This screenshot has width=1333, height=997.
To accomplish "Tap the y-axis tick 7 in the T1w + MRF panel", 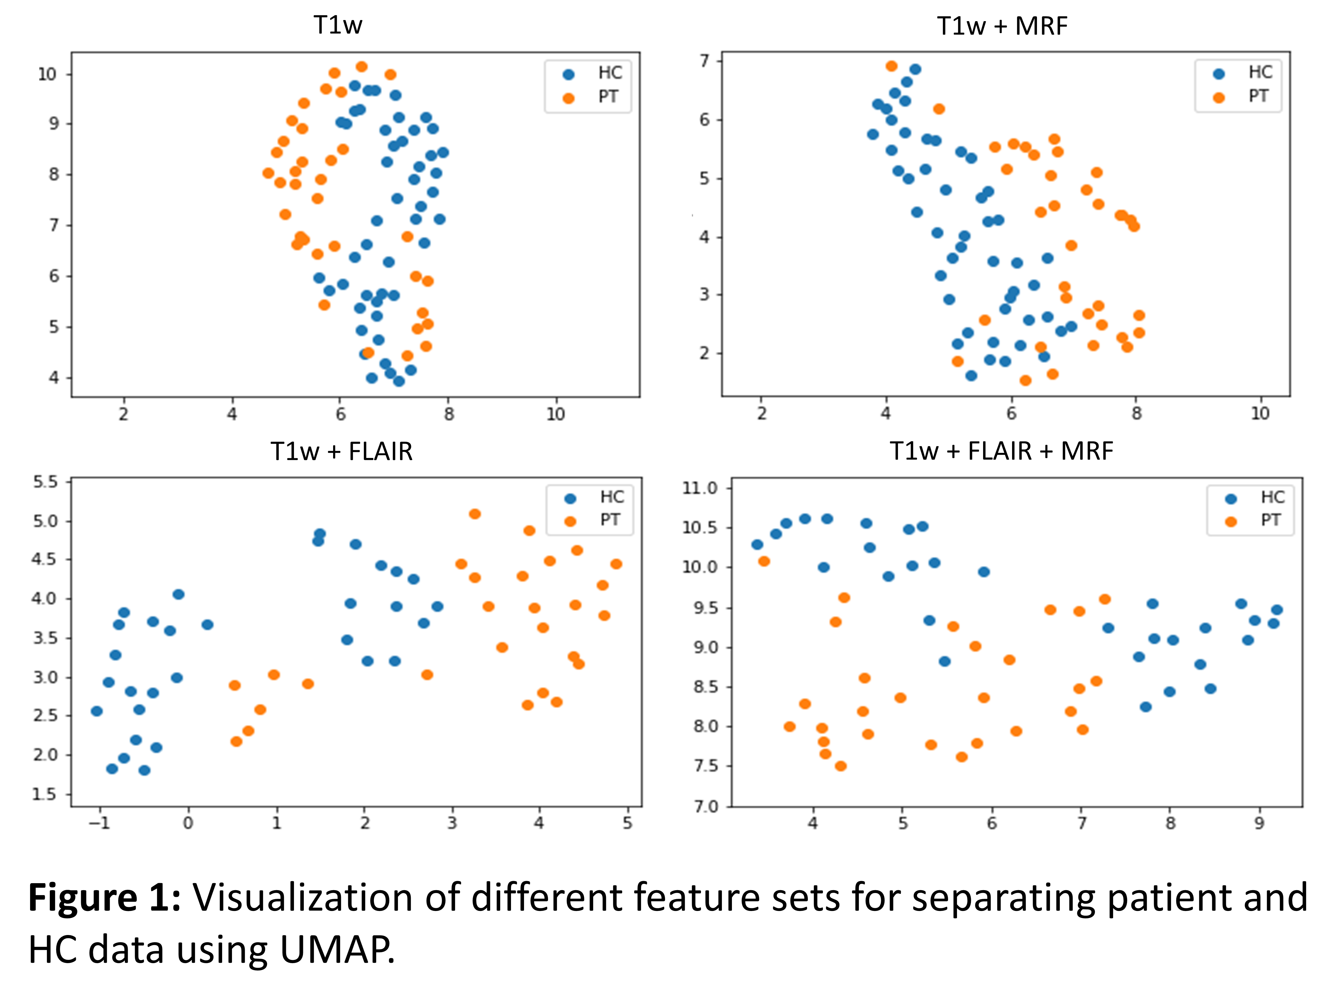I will [704, 61].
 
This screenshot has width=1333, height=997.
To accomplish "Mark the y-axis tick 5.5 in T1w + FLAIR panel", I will [46, 482].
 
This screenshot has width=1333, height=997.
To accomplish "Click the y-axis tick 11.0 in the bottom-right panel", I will [700, 488].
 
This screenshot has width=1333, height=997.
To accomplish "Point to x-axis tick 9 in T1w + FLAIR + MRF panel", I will [1259, 823].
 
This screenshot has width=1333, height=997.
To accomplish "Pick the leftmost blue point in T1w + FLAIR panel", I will [96, 711].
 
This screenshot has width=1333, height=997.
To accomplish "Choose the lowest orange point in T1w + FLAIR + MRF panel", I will [841, 766].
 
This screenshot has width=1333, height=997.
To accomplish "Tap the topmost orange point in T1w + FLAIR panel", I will [475, 514].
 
